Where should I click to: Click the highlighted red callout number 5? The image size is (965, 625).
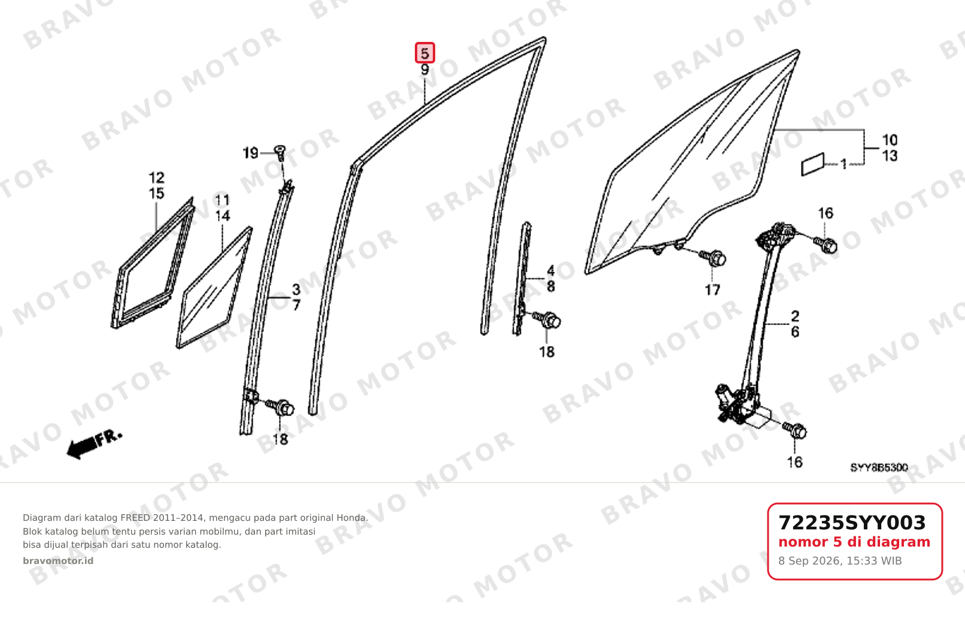[x=425, y=53]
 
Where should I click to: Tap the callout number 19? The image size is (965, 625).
[x=250, y=153]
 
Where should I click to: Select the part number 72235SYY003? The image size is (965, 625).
[x=852, y=523]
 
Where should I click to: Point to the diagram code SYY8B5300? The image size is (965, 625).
[x=879, y=468]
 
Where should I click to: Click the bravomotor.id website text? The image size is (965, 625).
[x=58, y=560]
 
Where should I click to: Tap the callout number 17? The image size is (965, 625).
[x=712, y=290]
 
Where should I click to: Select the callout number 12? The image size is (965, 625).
[x=156, y=177]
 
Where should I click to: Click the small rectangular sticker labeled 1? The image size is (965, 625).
[x=812, y=165]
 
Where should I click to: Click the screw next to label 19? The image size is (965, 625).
[x=280, y=152]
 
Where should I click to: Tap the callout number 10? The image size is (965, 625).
[x=890, y=140]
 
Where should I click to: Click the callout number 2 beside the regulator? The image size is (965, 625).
[x=795, y=316]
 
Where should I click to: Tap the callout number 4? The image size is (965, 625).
[x=551, y=271]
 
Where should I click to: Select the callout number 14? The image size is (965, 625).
[x=222, y=216]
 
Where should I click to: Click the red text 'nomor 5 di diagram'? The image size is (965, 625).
[x=854, y=542]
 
